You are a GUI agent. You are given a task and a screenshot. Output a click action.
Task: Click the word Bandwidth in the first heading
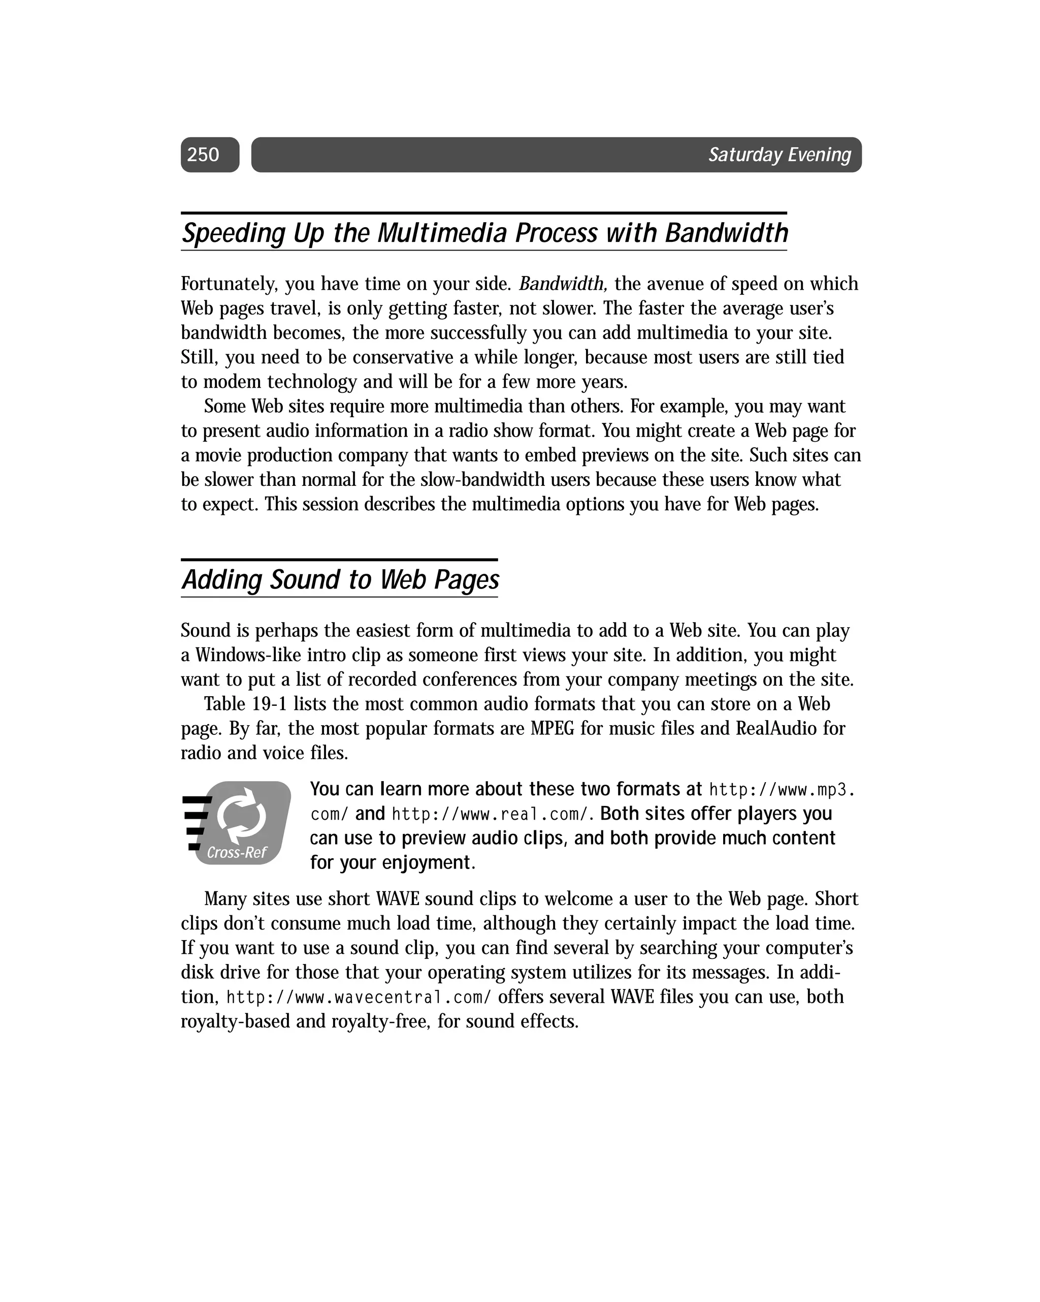726,234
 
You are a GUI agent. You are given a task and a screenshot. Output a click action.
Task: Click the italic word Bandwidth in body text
562,284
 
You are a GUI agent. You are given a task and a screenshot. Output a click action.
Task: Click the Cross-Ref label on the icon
237,853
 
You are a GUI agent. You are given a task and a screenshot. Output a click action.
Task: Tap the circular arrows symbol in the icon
241,816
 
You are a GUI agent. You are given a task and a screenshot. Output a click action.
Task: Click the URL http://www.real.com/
489,815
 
